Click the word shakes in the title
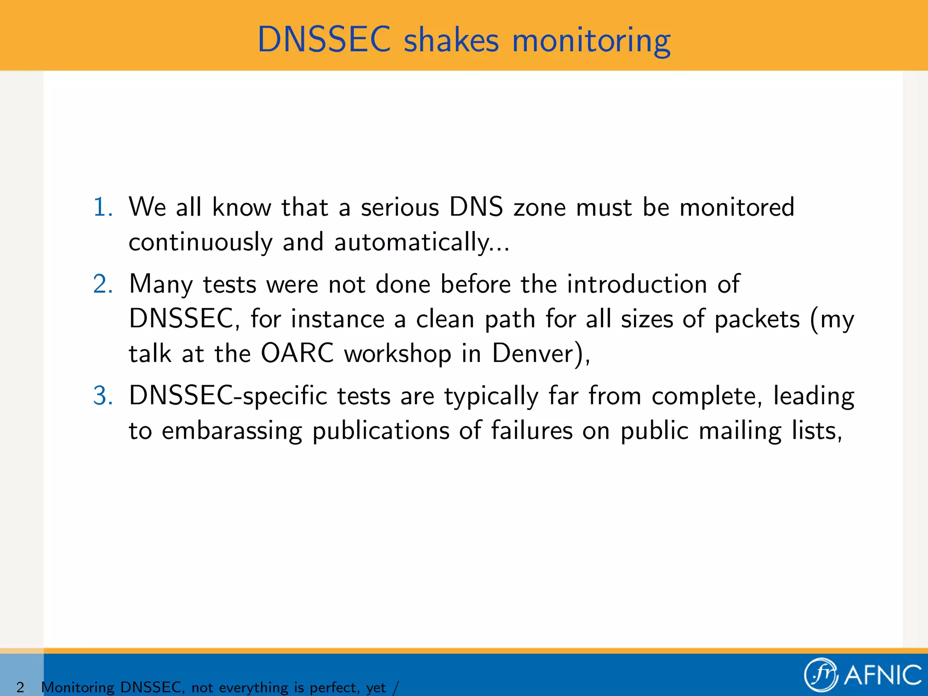451,40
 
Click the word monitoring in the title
591,41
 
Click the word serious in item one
400,208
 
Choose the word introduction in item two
637,285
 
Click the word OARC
297,353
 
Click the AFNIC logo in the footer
863,675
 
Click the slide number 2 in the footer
20,687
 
